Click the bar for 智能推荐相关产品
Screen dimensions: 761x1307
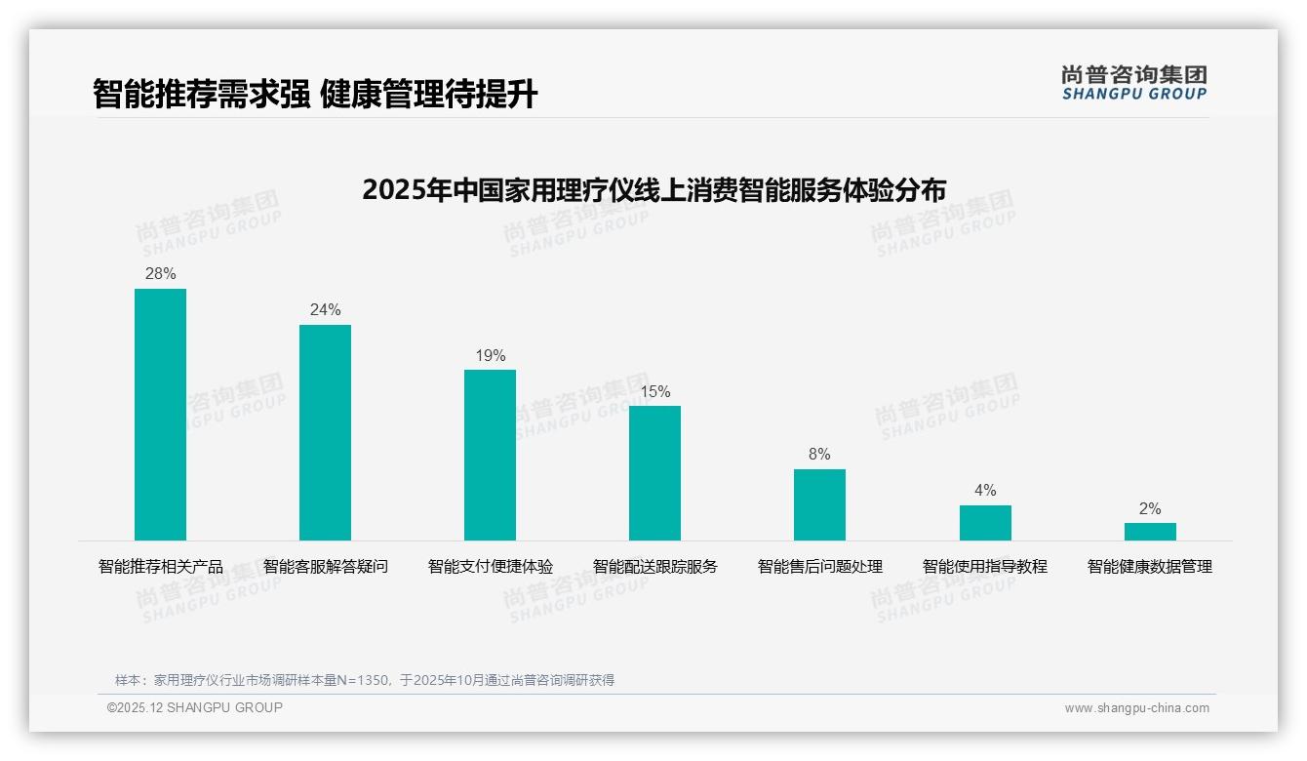(160, 415)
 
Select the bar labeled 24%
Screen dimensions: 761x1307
(325, 432)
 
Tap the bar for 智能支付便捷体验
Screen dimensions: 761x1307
(490, 455)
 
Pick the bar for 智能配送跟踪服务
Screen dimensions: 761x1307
(654, 473)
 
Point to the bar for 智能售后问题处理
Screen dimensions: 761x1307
(819, 504)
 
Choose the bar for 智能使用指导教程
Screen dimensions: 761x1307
(985, 523)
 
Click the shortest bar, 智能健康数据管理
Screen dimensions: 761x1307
(1150, 532)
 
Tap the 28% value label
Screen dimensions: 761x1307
(160, 274)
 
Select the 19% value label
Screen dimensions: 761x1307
(490, 356)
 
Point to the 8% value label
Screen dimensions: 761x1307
(819, 455)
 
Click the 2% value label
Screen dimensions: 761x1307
(1150, 509)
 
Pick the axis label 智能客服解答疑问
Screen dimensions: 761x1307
(325, 567)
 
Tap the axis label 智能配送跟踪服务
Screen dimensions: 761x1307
(654, 567)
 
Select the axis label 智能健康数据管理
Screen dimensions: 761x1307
(1150, 567)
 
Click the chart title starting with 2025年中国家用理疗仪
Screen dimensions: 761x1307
(653, 190)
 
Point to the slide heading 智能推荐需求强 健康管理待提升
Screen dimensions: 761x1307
(315, 95)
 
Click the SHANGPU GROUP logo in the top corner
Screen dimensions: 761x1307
(1133, 83)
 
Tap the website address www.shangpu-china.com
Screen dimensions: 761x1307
(1136, 708)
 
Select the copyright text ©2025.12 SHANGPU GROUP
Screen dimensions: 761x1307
(195, 707)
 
